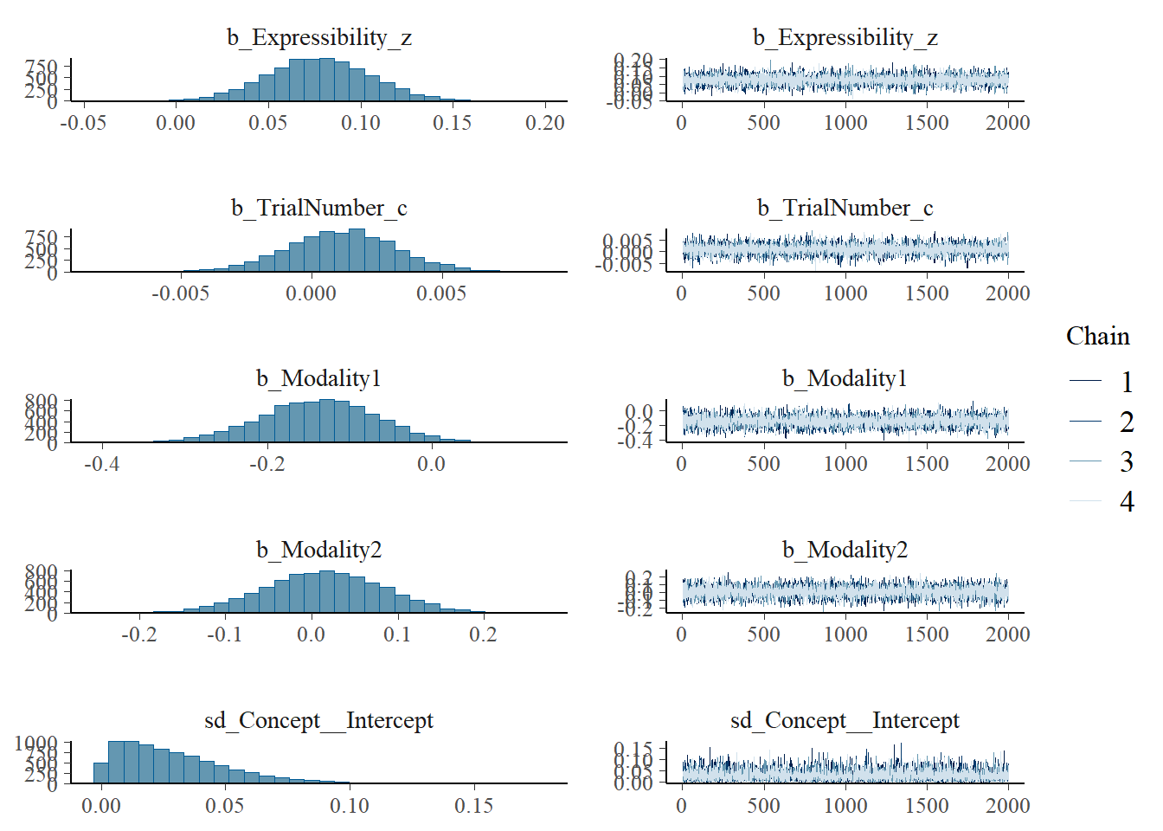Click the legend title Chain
pyautogui.click(x=1097, y=337)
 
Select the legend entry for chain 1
pyautogui.click(x=1126, y=382)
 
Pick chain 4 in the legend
pyautogui.click(x=1126, y=501)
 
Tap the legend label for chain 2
pyautogui.click(x=1126, y=422)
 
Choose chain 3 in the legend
pyautogui.click(x=1126, y=461)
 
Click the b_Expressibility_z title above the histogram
pyautogui.click(x=319, y=37)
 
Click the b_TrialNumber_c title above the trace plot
pyautogui.click(x=845, y=208)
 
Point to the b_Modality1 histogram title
pyautogui.click(x=318, y=378)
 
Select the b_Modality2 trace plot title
pyautogui.click(x=845, y=550)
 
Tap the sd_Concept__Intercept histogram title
pyautogui.click(x=318, y=720)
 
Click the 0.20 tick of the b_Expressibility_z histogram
pyautogui.click(x=545, y=123)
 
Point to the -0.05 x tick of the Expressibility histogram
pyautogui.click(x=83, y=123)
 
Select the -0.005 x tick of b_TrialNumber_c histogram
pyautogui.click(x=181, y=293)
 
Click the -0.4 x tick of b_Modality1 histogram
pyautogui.click(x=101, y=464)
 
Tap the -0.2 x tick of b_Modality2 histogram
pyautogui.click(x=138, y=635)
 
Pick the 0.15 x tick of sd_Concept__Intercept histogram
pyautogui.click(x=473, y=806)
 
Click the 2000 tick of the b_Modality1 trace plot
pyautogui.click(x=1007, y=464)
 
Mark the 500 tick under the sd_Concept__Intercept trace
pyautogui.click(x=763, y=806)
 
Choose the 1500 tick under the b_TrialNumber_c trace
pyautogui.click(x=927, y=293)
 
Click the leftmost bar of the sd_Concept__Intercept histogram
pyautogui.click(x=101, y=773)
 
